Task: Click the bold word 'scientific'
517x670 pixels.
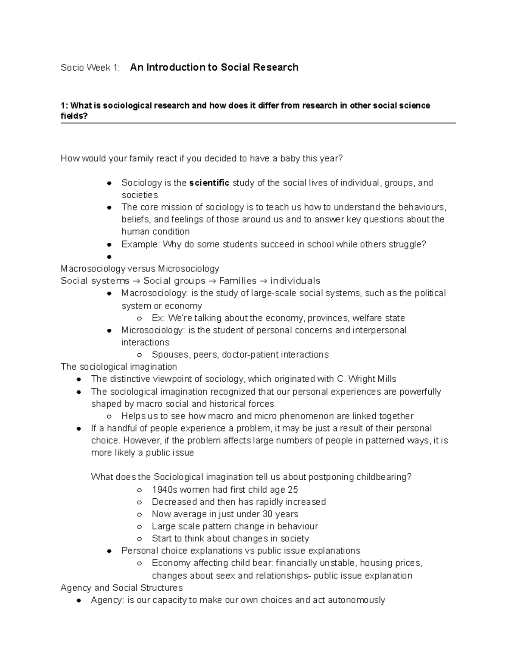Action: [209, 183]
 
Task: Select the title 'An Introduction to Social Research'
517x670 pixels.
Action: [214, 67]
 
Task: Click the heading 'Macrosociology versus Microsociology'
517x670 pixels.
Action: [140, 269]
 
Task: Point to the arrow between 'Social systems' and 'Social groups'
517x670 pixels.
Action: [136, 281]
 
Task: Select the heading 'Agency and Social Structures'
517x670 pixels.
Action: [121, 588]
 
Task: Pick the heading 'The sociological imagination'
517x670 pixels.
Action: [119, 367]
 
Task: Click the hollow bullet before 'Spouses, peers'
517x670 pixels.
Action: [139, 355]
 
